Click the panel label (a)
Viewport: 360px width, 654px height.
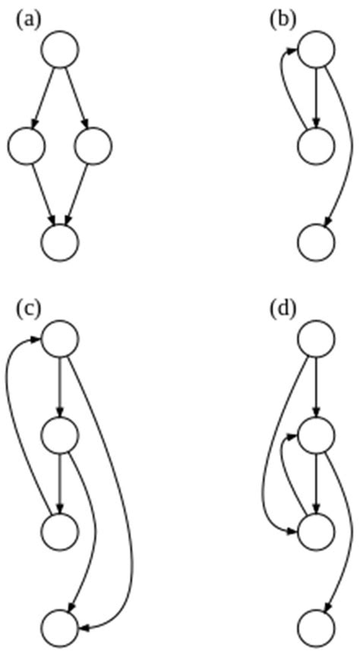pyautogui.click(x=28, y=21)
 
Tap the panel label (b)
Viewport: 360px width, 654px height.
pyautogui.click(x=283, y=21)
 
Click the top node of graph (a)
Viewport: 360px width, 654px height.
pyautogui.click(x=60, y=49)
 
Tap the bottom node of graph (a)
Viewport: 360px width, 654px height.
pyautogui.click(x=60, y=241)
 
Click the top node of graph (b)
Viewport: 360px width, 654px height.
pyautogui.click(x=315, y=49)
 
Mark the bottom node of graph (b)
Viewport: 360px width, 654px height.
pyautogui.click(x=315, y=241)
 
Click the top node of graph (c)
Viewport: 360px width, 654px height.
pyautogui.click(x=60, y=337)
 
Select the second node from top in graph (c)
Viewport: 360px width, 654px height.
pyautogui.click(x=60, y=434)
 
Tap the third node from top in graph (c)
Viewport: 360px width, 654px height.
pyautogui.click(x=60, y=529)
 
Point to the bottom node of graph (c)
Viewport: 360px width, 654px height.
pyautogui.click(x=60, y=626)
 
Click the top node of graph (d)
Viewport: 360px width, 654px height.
pyautogui.click(x=315, y=337)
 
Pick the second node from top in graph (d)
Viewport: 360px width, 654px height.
pyautogui.click(x=315, y=434)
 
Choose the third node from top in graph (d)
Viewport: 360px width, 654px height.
pyautogui.click(x=315, y=529)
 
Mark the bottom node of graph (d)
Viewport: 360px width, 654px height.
pyautogui.click(x=315, y=626)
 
